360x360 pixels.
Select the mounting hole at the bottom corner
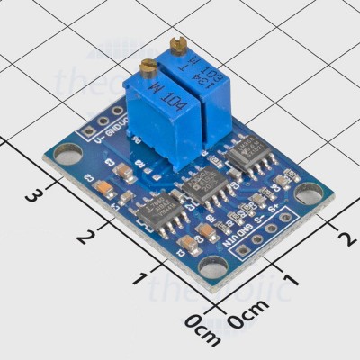[x=213, y=265]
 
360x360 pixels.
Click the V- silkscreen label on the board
[x=87, y=137]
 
